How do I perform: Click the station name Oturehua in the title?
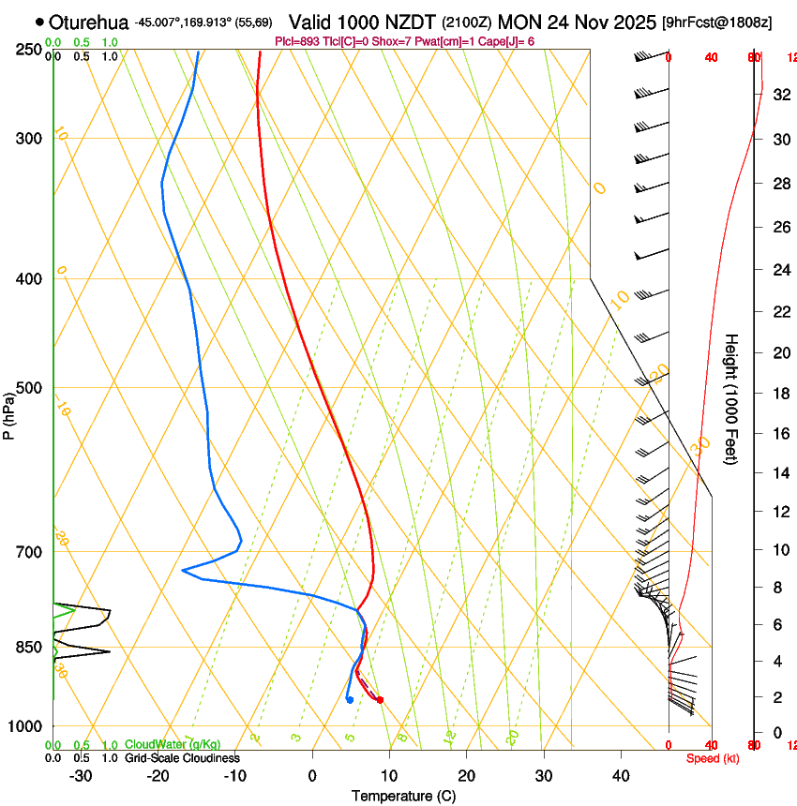pos(88,22)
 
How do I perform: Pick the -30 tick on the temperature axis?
pos(81,776)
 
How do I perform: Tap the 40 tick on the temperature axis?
pos(621,776)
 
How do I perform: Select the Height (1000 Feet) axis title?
pos(732,398)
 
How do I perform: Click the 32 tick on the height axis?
pos(778,95)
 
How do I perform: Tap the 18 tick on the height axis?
pos(778,394)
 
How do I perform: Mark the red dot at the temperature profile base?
pos(380,700)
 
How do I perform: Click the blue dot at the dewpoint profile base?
pos(349,699)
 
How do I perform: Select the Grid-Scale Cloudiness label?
pos(182,758)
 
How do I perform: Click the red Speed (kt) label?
pos(712,758)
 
